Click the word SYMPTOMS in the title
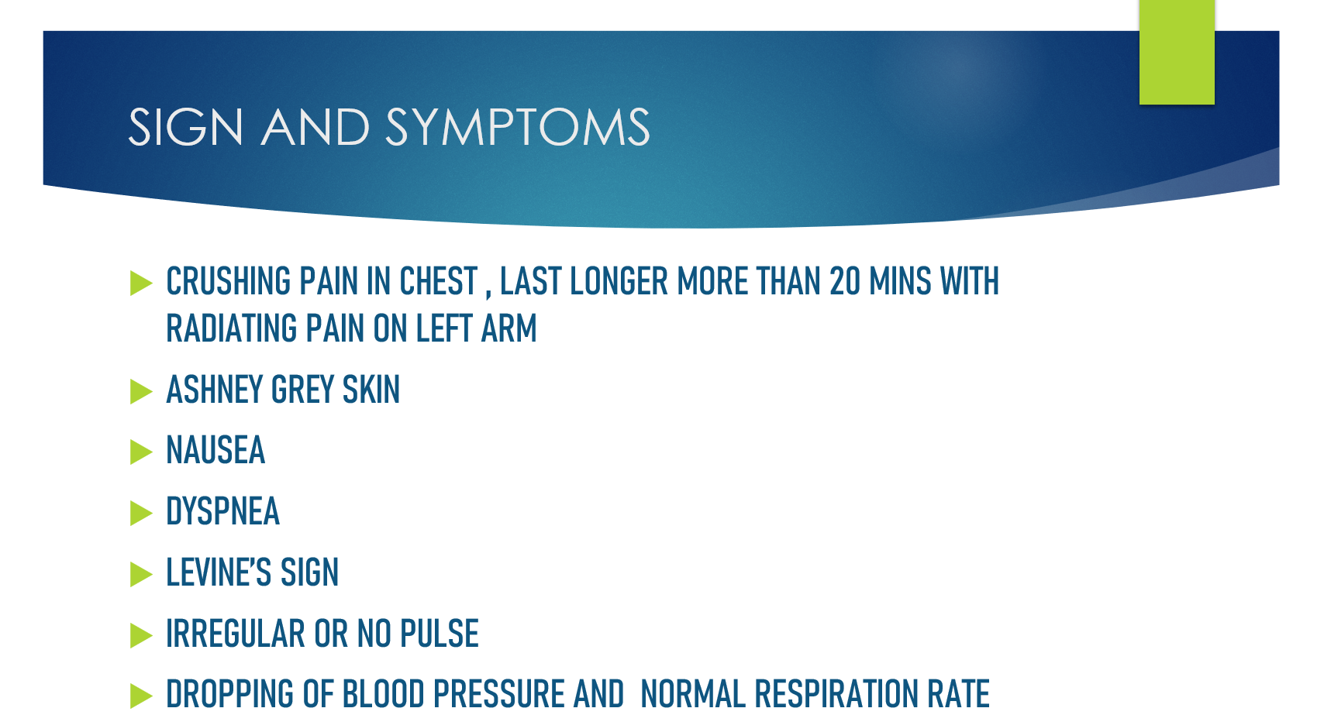(x=518, y=126)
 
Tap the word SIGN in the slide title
(x=185, y=126)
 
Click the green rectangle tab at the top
(x=1177, y=52)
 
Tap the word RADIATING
(x=231, y=328)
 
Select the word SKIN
(x=371, y=390)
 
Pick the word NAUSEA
(x=215, y=450)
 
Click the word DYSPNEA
(x=222, y=511)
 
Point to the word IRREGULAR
(x=235, y=634)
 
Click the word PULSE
(x=440, y=634)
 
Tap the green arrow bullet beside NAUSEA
(x=140, y=452)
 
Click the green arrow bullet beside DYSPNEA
(x=140, y=513)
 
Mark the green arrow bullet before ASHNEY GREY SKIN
(x=140, y=391)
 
